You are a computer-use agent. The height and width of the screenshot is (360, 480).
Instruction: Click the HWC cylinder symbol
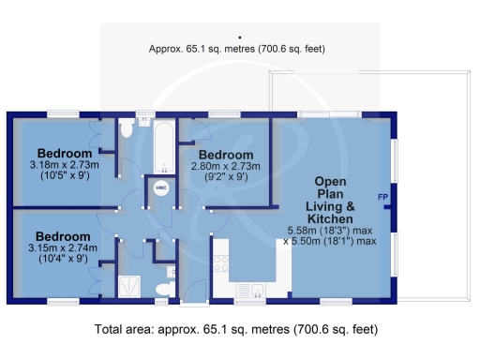160,187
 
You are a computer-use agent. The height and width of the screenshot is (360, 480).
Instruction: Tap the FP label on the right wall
382,197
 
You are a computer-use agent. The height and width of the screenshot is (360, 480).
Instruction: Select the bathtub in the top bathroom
165,148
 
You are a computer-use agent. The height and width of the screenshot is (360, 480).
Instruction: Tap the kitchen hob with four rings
222,263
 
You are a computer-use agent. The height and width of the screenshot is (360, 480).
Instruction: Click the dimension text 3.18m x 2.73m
65,165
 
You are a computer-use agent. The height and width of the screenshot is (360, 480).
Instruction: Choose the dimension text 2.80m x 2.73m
225,166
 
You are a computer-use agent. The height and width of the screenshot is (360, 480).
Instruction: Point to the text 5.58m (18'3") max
331,230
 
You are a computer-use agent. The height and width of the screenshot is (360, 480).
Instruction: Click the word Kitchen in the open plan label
331,217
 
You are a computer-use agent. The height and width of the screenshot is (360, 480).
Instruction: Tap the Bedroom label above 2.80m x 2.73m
225,154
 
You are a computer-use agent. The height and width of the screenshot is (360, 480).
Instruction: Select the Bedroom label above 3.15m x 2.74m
64,235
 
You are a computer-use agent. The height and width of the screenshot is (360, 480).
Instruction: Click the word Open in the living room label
331,181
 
